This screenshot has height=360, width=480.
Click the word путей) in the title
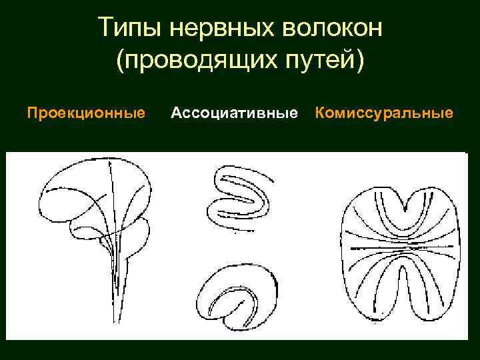click(x=325, y=61)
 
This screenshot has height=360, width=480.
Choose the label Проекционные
click(x=86, y=113)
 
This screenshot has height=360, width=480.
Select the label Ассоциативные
click(x=234, y=113)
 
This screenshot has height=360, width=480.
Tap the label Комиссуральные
click(x=384, y=113)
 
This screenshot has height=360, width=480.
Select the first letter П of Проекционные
click(x=31, y=113)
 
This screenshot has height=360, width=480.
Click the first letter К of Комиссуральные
click(x=320, y=113)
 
